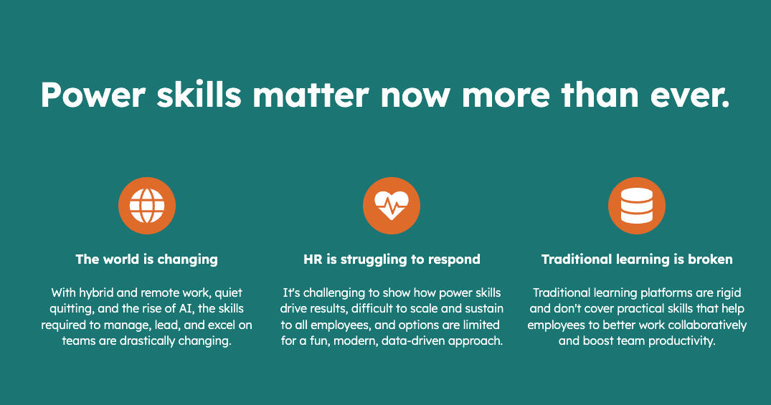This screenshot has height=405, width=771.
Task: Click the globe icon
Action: tap(147, 206)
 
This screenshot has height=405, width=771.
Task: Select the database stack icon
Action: tap(637, 206)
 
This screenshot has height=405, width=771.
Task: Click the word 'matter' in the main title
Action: tap(311, 95)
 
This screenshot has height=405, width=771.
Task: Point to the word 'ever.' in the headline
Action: tap(690, 95)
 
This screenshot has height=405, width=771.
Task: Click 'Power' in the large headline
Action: tap(93, 95)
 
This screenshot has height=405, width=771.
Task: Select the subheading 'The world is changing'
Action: tap(146, 259)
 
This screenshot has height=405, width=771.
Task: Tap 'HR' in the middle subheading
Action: tap(313, 259)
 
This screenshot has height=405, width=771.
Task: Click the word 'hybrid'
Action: tap(96, 293)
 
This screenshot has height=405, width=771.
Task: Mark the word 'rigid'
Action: tap(728, 293)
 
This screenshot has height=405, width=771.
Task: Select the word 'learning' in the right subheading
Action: tap(648, 259)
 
